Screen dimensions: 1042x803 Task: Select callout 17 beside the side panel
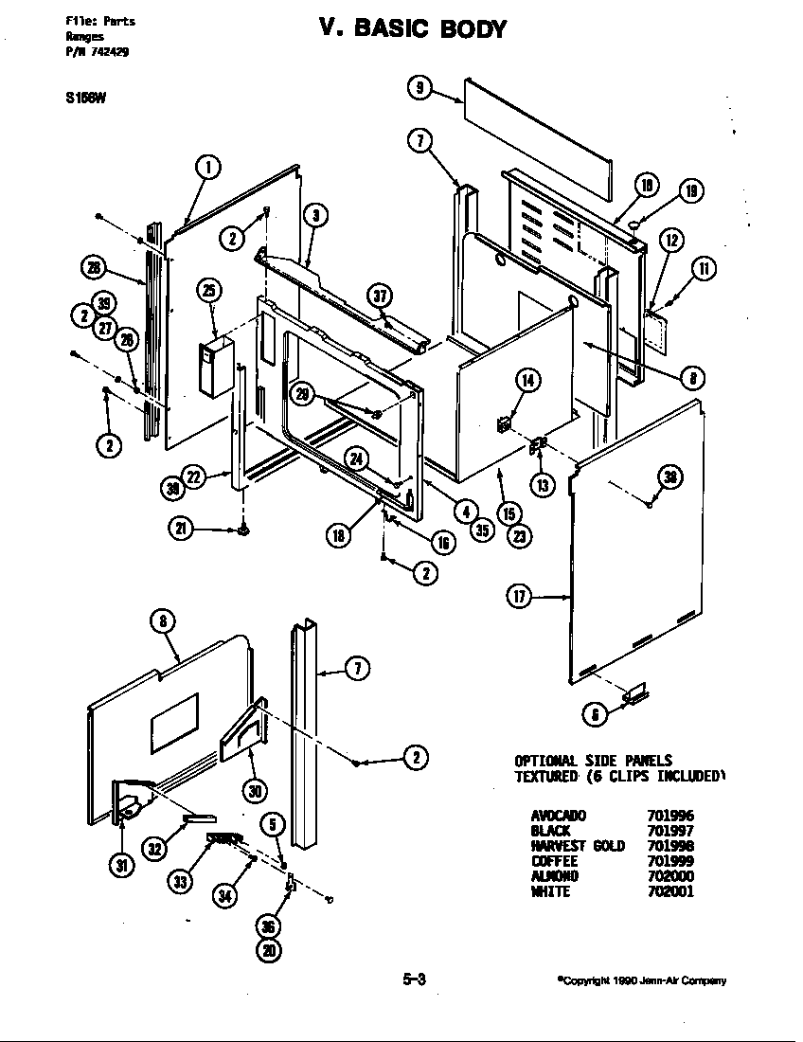[x=520, y=598]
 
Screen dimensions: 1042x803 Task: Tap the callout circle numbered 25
[x=210, y=289]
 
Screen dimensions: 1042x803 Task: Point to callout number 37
[x=381, y=296]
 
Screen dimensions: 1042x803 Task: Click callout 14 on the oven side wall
[x=527, y=380]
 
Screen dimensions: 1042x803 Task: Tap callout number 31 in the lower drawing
[x=123, y=865]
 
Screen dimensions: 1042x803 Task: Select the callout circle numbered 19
[x=691, y=192]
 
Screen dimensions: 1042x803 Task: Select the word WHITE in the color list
[x=550, y=891]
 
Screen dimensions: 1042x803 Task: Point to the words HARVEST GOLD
[x=577, y=846]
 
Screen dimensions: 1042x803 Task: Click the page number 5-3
[x=413, y=980]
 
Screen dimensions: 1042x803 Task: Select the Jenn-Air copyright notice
[x=641, y=981]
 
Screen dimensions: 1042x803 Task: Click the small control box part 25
[x=217, y=368]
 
